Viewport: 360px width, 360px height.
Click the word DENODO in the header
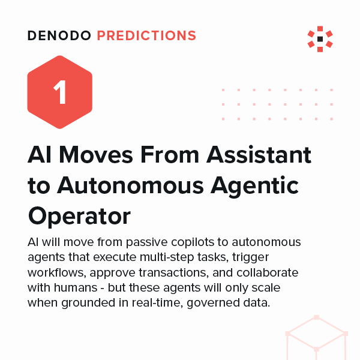[x=59, y=36]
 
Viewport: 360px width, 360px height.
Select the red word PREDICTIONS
[x=146, y=36]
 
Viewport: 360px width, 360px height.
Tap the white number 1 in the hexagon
[x=59, y=94]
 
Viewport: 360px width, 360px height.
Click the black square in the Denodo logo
[x=320, y=39]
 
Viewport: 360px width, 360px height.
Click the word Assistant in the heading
[x=259, y=155]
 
